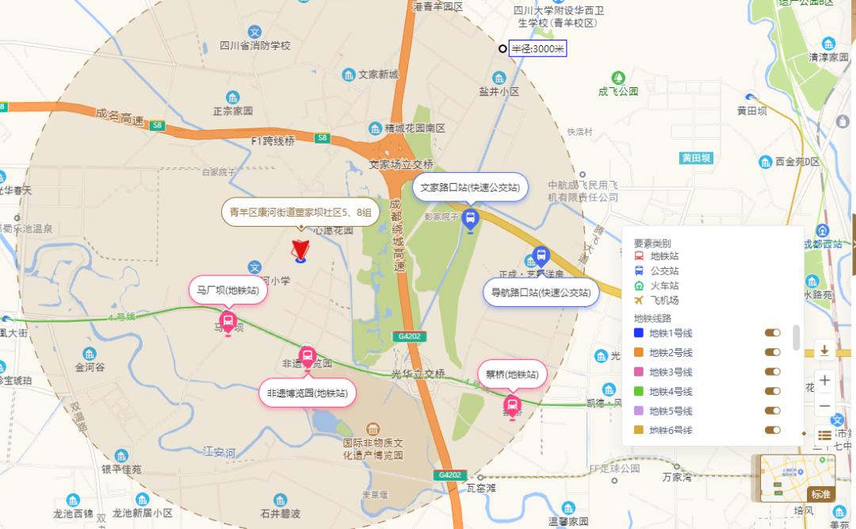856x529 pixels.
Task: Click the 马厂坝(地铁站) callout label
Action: (x=227, y=290)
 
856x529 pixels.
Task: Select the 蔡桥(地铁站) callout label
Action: (x=512, y=374)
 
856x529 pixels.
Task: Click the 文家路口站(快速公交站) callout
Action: (x=470, y=188)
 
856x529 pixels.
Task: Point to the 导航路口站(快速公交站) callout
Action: (x=541, y=292)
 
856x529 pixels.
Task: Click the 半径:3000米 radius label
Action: (x=537, y=49)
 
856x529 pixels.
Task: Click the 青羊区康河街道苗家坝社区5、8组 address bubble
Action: (x=300, y=212)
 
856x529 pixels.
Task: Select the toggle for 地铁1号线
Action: (x=772, y=333)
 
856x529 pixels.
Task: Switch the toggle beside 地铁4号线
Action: (x=772, y=391)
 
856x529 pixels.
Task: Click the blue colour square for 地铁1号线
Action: (x=639, y=333)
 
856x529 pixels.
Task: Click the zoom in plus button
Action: (x=824, y=380)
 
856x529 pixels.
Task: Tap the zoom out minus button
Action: (x=824, y=405)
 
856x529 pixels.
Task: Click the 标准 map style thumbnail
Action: (x=797, y=477)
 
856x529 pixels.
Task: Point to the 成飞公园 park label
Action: (x=618, y=91)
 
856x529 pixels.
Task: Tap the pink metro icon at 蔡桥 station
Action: (x=512, y=408)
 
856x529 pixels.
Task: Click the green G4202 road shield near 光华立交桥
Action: (x=409, y=336)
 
